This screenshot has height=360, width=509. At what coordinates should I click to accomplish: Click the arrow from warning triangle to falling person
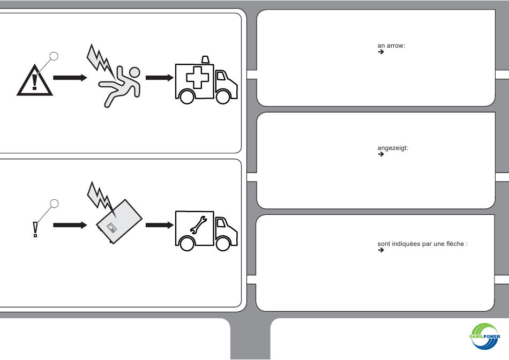(x=70, y=78)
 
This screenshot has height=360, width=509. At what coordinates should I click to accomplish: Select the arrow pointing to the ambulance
(x=160, y=78)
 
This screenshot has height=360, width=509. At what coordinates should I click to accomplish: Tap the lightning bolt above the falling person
(x=99, y=58)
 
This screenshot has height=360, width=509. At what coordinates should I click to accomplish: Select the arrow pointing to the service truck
(x=160, y=225)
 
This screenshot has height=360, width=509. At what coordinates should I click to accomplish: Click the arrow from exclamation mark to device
(x=70, y=225)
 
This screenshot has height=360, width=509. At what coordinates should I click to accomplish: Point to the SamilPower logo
(x=484, y=337)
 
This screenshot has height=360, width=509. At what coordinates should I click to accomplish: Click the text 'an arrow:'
(x=391, y=46)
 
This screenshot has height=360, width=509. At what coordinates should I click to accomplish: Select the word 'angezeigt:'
(x=393, y=148)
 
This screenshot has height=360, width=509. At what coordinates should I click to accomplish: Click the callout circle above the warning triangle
(x=54, y=55)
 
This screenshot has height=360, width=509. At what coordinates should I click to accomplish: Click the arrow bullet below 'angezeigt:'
(x=381, y=154)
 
